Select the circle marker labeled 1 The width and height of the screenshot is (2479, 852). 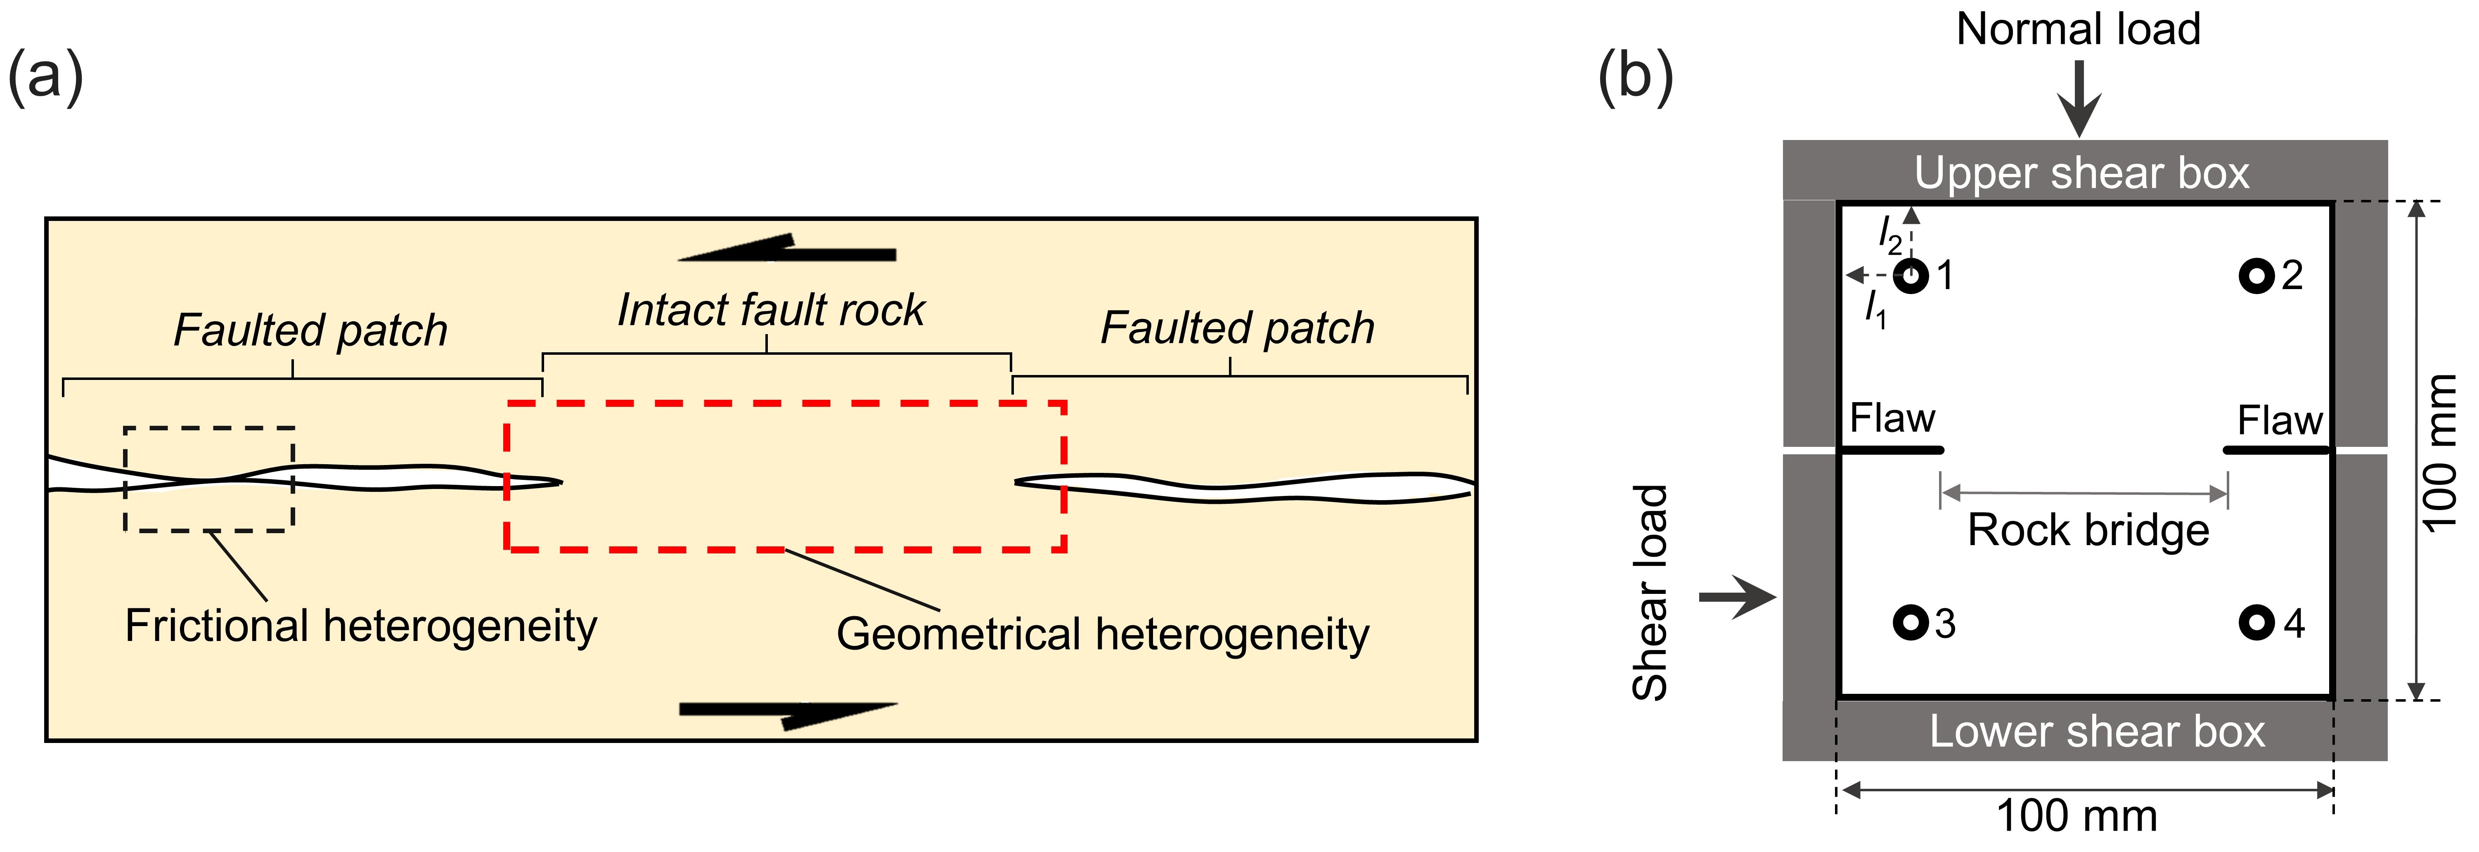pyautogui.click(x=1911, y=276)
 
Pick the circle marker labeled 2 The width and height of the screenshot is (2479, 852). pyautogui.click(x=2256, y=276)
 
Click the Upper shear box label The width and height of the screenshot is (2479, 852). pyautogui.click(x=2081, y=173)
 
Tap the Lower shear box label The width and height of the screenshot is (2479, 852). pyautogui.click(x=2097, y=732)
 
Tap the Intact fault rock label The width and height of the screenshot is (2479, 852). pyautogui.click(x=771, y=310)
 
